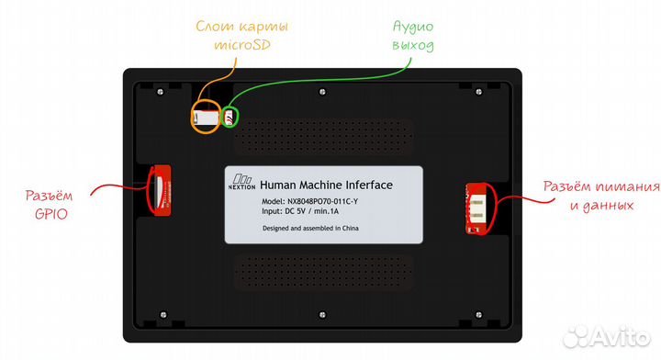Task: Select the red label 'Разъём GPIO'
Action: [x=57, y=204]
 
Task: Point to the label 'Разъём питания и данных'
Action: [x=599, y=196]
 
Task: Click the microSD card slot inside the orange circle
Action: [x=206, y=118]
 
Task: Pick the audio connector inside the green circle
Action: [x=231, y=118]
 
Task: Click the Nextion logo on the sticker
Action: [x=242, y=181]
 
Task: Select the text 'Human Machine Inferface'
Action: [x=327, y=185]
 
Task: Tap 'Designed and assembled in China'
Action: [x=309, y=228]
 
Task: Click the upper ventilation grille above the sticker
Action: [x=326, y=134]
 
